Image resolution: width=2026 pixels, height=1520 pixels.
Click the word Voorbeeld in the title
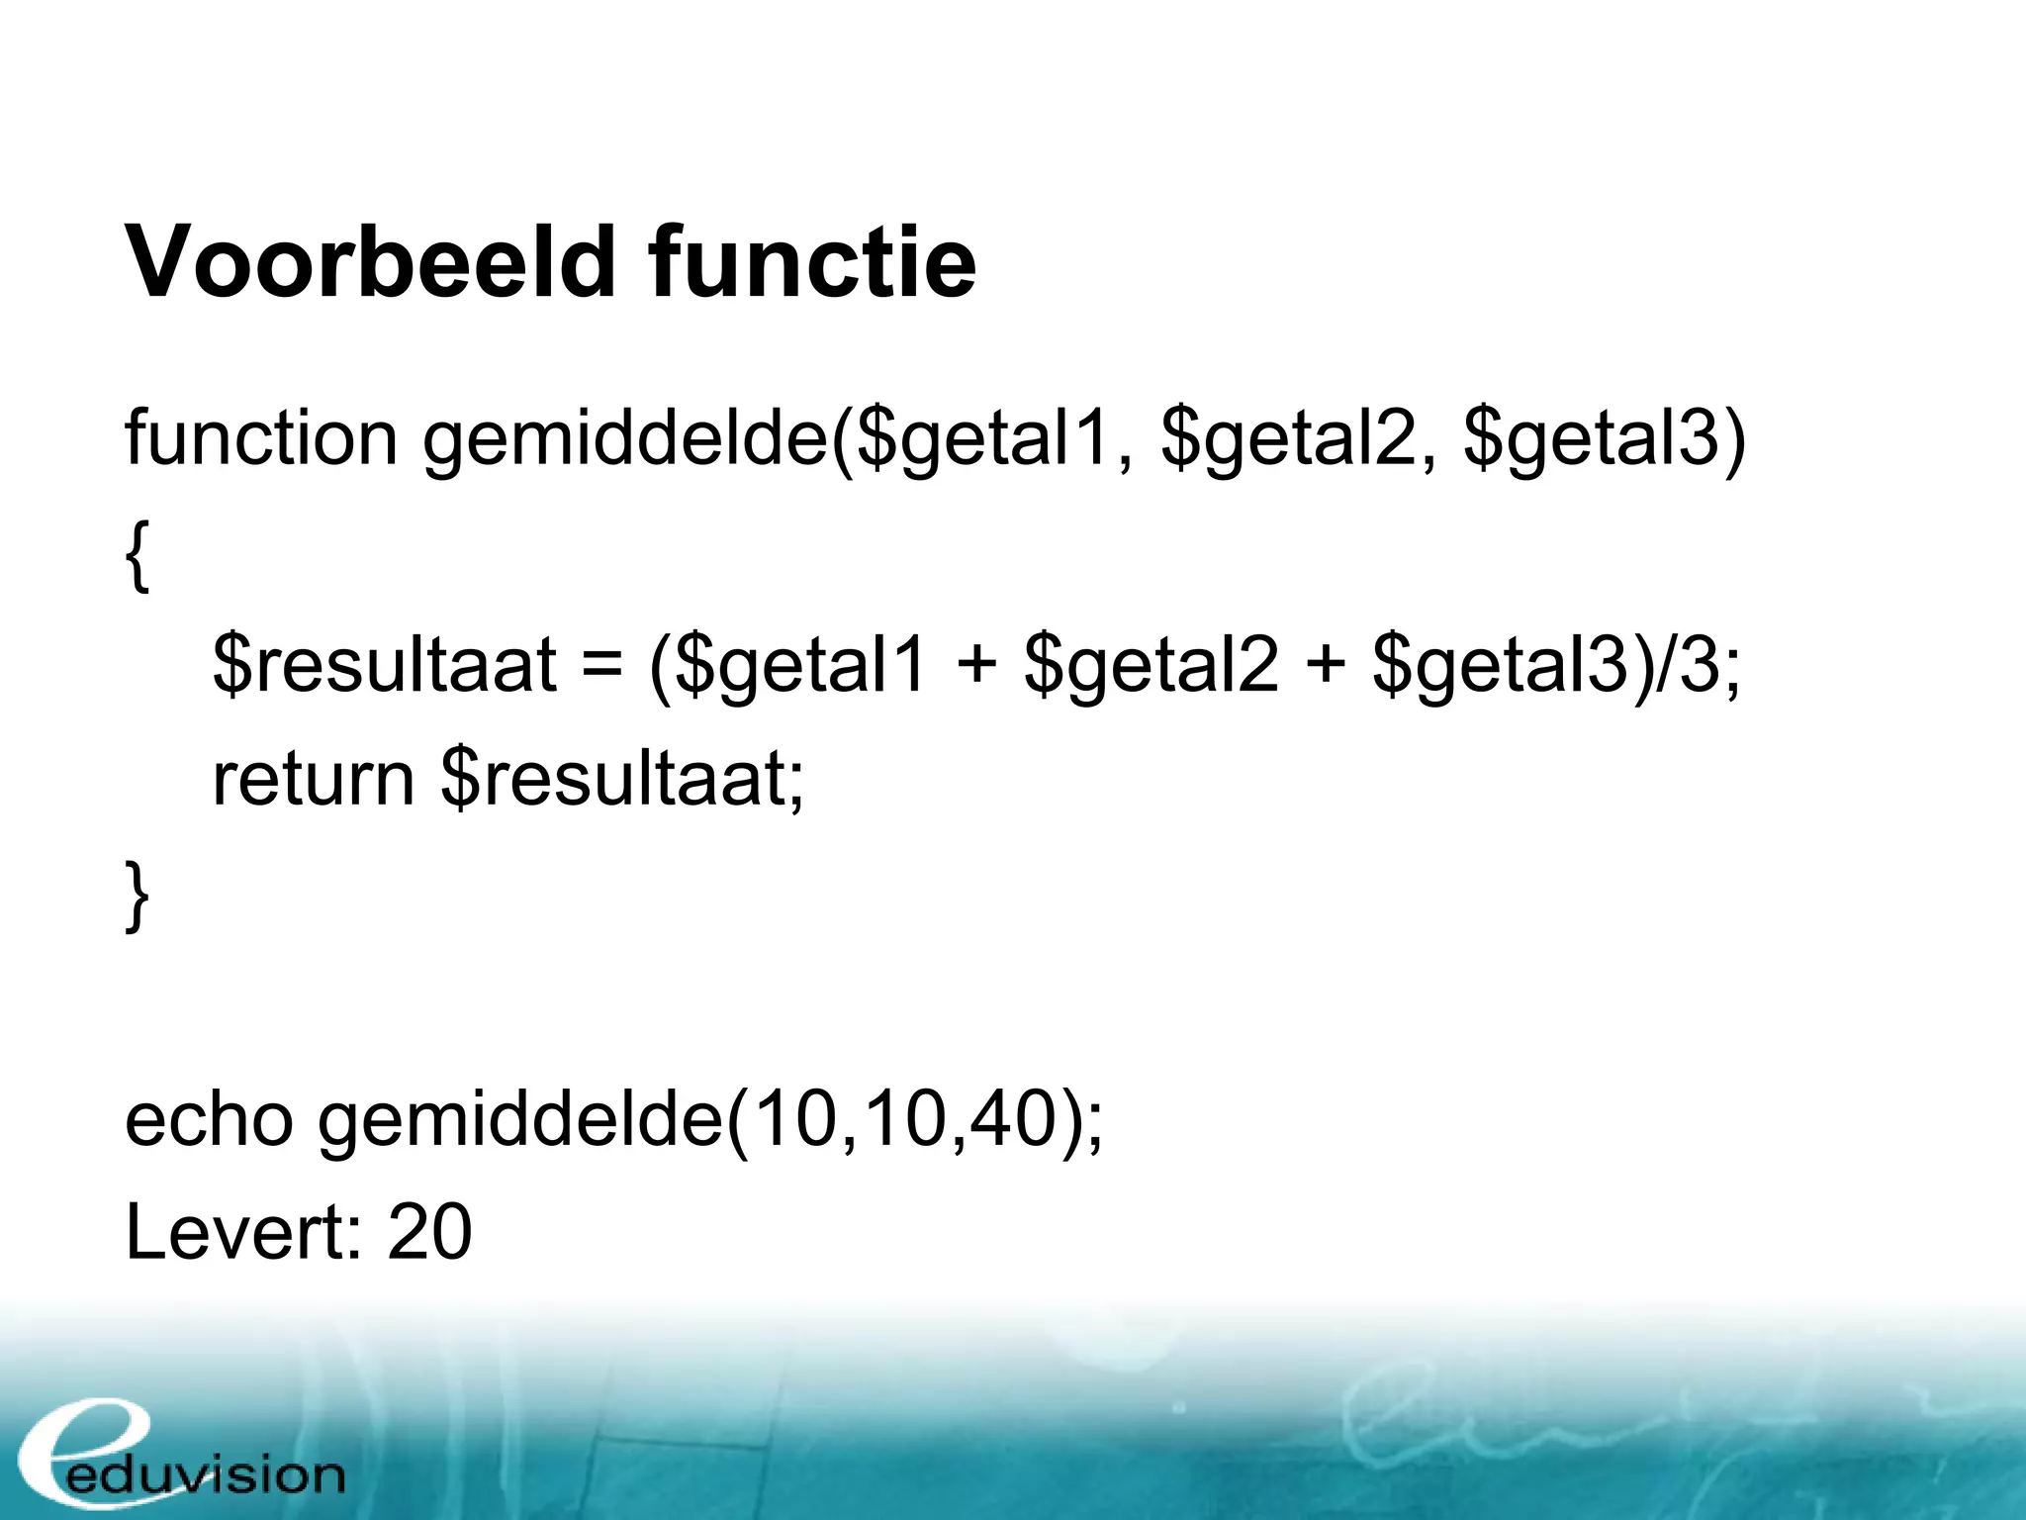(x=370, y=261)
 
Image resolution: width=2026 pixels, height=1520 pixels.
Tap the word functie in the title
(x=812, y=261)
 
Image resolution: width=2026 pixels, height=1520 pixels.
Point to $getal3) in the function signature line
(x=1605, y=439)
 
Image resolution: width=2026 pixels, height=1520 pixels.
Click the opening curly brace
(x=138, y=557)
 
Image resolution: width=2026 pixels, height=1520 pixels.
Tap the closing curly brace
(x=138, y=896)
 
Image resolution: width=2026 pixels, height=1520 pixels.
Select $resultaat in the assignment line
(x=384, y=665)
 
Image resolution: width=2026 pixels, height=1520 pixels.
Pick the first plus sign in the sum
(x=975, y=665)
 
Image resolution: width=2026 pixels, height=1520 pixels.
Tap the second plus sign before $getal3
(x=1326, y=665)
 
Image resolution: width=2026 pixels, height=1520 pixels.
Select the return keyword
(x=313, y=779)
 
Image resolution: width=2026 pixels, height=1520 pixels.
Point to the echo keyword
(x=209, y=1120)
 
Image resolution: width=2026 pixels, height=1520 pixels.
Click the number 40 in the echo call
(x=1010, y=1120)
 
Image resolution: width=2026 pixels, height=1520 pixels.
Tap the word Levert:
(x=243, y=1232)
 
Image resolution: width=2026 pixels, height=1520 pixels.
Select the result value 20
(x=429, y=1232)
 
